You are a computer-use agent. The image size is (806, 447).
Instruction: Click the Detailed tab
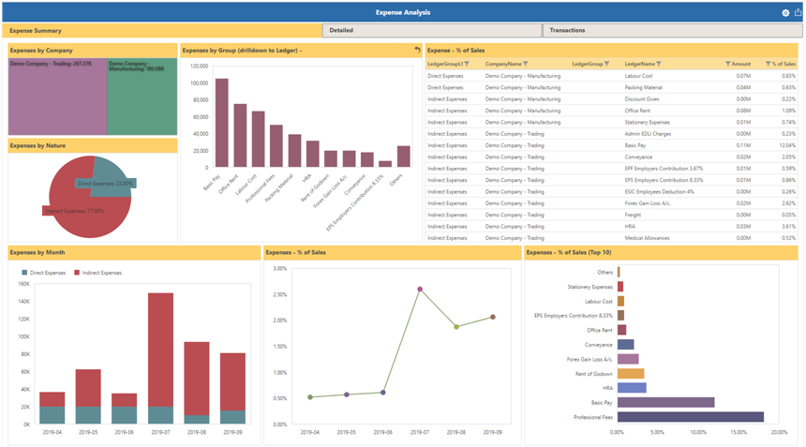341,31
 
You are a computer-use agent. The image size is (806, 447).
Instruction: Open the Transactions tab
567,31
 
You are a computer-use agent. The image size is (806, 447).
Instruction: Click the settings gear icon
785,13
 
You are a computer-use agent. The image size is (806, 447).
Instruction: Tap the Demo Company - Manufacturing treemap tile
142,97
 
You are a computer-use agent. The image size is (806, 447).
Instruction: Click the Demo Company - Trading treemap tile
57,97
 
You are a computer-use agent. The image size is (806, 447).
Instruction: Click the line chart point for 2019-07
420,290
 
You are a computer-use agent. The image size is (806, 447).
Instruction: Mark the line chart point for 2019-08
456,327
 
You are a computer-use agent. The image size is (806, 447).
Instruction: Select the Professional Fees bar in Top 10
690,417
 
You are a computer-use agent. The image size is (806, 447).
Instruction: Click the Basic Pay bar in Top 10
665,402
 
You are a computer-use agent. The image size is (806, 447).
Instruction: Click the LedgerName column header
642,64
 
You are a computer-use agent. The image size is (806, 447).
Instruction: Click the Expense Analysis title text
402,12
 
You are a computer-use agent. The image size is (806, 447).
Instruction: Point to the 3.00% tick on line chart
279,268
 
